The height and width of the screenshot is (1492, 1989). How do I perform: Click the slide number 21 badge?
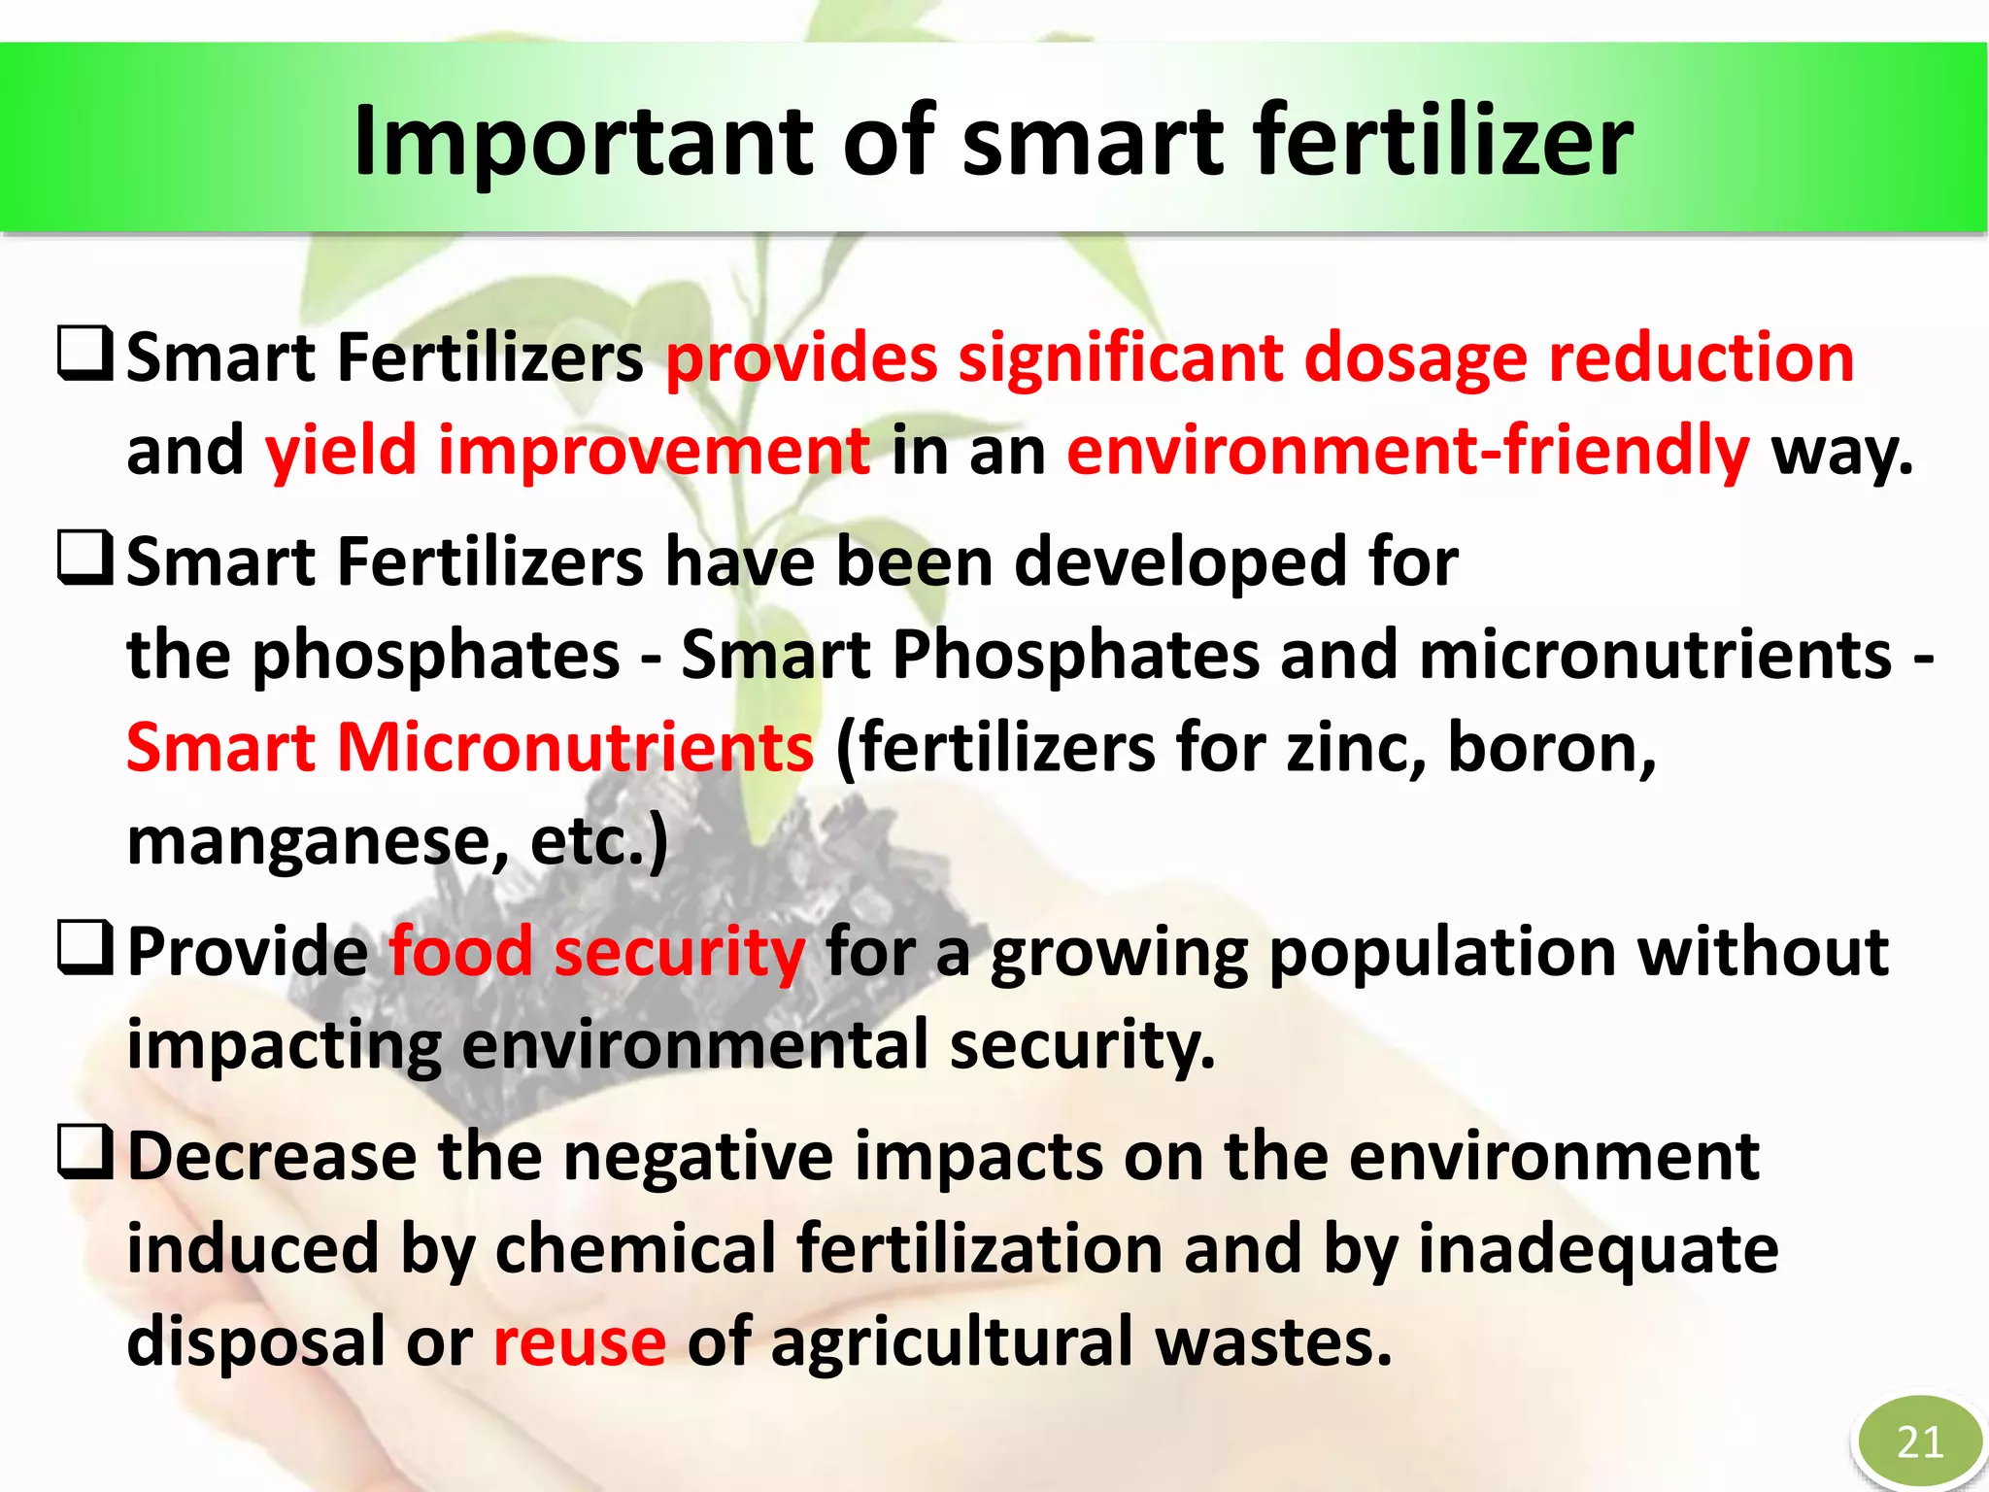tap(1919, 1441)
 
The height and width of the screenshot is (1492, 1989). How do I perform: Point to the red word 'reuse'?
tap(580, 1341)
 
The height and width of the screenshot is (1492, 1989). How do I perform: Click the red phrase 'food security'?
tap(596, 951)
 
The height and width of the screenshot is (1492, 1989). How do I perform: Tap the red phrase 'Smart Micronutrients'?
tap(470, 748)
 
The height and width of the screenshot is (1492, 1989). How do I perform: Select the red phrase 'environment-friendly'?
tap(1407, 451)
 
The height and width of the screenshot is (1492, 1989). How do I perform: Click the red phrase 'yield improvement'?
tap(567, 451)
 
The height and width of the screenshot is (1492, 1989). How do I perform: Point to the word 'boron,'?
tap(1551, 748)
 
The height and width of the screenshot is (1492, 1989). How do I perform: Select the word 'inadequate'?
tap(1598, 1249)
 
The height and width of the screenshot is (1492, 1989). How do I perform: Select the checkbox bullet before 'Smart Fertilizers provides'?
tap(86, 355)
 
